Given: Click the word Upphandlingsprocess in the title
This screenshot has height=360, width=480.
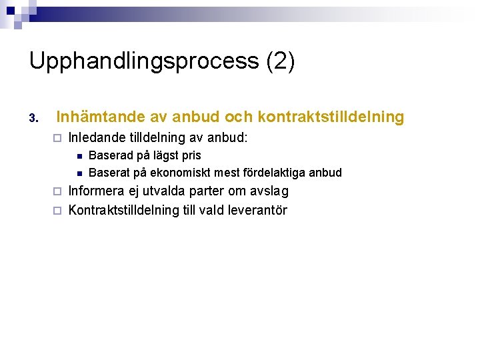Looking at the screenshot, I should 144,61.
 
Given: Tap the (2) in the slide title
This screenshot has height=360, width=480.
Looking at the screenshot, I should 280,61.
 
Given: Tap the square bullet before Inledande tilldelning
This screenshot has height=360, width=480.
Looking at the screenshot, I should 57,139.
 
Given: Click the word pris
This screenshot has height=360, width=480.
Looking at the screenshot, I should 191,156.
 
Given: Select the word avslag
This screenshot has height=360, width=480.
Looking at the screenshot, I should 269,191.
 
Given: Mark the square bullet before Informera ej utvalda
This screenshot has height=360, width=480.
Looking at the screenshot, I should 57,192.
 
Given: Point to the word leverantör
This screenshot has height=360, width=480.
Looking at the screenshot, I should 257,211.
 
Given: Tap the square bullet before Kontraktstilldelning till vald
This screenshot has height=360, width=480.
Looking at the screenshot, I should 57,211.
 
